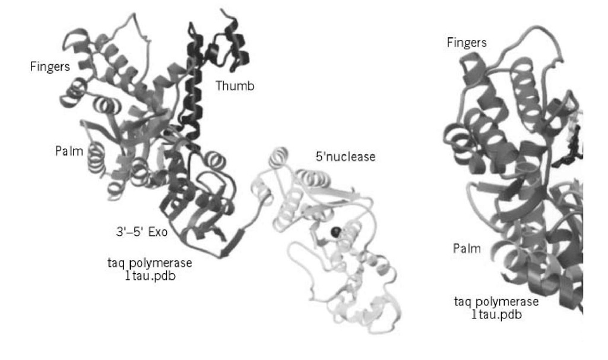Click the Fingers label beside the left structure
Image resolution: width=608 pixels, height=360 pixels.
pos(50,67)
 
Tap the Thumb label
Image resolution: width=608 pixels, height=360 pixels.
pos(235,86)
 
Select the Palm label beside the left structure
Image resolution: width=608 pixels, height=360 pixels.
pos(69,151)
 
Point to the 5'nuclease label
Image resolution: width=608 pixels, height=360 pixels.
pos(346,157)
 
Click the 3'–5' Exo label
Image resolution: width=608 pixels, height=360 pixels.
pos(141,232)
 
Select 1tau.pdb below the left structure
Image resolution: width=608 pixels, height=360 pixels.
pos(150,276)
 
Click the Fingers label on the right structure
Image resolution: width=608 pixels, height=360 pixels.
pos(467,43)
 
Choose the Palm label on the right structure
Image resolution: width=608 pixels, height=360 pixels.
pos(467,248)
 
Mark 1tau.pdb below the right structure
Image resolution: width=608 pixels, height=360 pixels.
pos(497,314)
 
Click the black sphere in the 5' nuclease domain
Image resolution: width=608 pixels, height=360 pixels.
pos(335,232)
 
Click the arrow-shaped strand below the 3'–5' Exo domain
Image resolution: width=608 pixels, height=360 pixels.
pos(233,242)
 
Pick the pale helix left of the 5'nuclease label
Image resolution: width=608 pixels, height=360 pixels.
pos(280,156)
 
